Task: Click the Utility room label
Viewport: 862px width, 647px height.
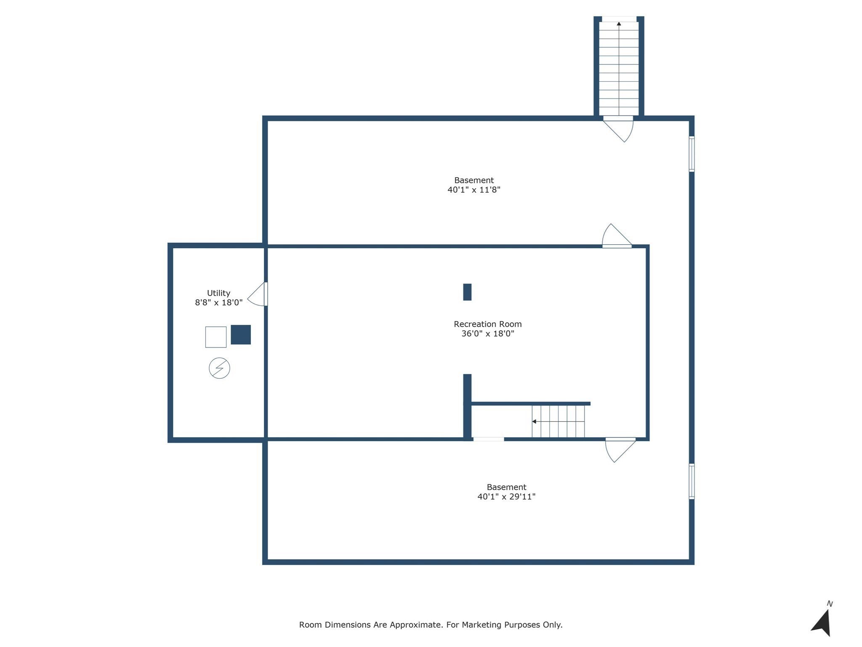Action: tap(218, 293)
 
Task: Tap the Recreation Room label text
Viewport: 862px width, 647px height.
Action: tap(487, 324)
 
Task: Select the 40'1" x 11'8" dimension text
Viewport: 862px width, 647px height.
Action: tap(474, 190)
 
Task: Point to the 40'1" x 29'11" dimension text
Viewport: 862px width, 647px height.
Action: tap(506, 497)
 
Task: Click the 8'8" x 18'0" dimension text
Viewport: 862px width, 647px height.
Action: tap(218, 302)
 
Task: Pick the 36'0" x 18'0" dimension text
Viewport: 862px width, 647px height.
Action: tap(487, 334)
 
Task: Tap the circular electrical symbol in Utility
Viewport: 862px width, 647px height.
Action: tap(219, 368)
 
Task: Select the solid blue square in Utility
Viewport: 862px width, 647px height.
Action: tap(241, 334)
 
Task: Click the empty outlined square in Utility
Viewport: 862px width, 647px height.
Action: tap(215, 337)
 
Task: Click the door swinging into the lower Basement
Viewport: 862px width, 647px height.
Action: tap(619, 449)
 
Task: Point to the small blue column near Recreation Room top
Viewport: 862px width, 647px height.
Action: tap(467, 292)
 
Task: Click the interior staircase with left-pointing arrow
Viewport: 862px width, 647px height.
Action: tap(558, 421)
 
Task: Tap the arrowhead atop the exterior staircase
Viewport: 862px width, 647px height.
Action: tap(619, 24)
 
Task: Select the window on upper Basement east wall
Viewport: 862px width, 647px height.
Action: tap(691, 154)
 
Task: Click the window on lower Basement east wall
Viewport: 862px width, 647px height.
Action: tap(691, 481)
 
